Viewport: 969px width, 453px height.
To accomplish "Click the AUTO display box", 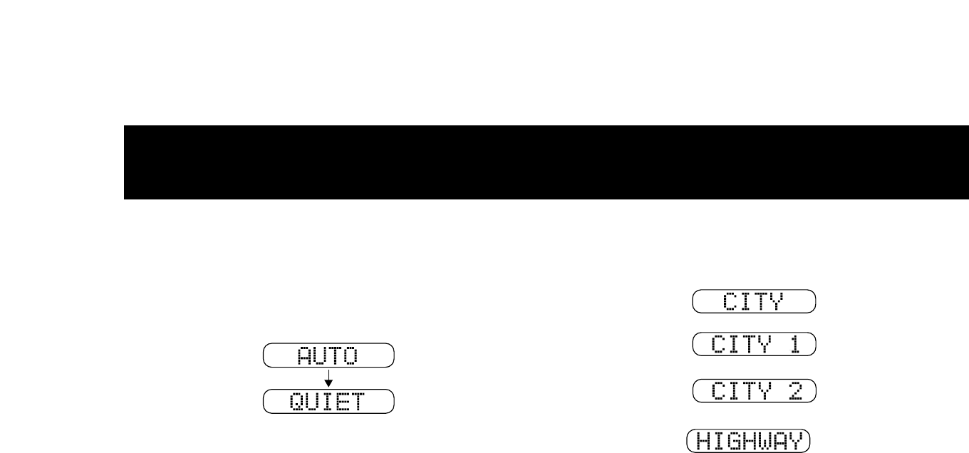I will coord(328,355).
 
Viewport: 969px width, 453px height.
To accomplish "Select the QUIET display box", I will coord(328,401).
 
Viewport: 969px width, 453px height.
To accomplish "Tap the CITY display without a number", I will coord(754,301).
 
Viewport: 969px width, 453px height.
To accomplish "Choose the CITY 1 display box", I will coord(754,345).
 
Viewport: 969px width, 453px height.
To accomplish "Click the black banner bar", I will coord(546,162).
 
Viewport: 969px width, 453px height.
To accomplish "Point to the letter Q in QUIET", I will coord(296,402).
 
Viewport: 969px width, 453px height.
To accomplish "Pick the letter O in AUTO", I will coord(358,355).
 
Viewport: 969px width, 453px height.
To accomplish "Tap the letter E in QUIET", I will coord(343,402).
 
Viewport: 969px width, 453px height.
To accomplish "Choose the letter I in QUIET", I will coord(328,402).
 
